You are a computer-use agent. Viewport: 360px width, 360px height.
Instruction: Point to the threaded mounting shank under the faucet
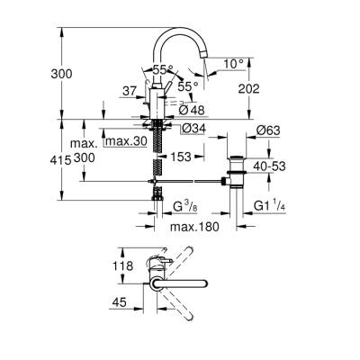[157, 153]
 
